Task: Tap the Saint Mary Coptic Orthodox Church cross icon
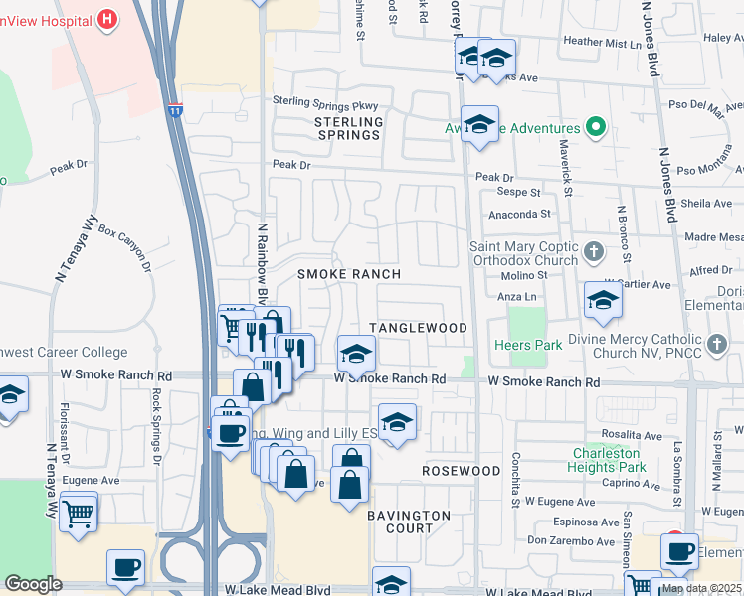(594, 251)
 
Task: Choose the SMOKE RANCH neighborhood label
(350, 274)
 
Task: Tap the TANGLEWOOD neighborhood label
(418, 328)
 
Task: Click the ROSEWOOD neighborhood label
(461, 470)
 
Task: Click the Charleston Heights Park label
(609, 460)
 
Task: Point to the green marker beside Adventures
(596, 127)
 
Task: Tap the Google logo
(33, 584)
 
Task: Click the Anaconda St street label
(518, 214)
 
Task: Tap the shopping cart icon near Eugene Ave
(78, 513)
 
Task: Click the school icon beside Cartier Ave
(603, 301)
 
